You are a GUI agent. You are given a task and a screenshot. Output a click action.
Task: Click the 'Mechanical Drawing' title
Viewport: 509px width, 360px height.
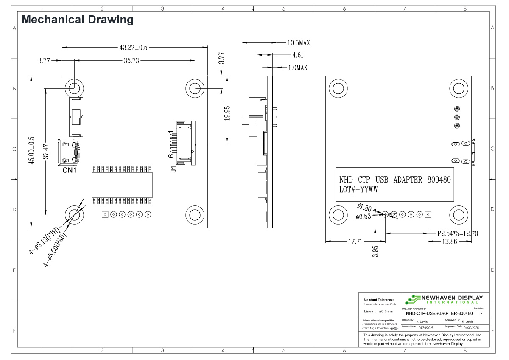tap(77, 19)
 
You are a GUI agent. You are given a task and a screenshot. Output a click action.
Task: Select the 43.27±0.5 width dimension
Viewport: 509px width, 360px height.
tap(133, 48)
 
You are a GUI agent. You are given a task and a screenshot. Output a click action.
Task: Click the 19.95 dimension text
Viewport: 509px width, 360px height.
tap(228, 114)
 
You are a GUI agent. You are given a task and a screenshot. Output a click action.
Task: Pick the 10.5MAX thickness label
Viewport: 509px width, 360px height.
tap(299, 43)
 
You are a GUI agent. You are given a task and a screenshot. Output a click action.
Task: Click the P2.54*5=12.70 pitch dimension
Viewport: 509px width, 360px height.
tap(458, 233)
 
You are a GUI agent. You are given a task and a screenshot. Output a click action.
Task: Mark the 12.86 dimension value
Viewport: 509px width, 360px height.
tap(450, 242)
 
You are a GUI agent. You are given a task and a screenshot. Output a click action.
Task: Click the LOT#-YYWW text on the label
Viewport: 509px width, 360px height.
tap(358, 190)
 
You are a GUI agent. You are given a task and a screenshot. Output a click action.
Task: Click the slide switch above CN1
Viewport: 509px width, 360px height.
tap(77, 116)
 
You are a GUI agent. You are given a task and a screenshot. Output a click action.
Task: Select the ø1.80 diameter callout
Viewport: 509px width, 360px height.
tap(364, 208)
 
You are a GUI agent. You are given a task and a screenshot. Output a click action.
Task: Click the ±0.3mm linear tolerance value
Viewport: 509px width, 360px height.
tap(386, 311)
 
